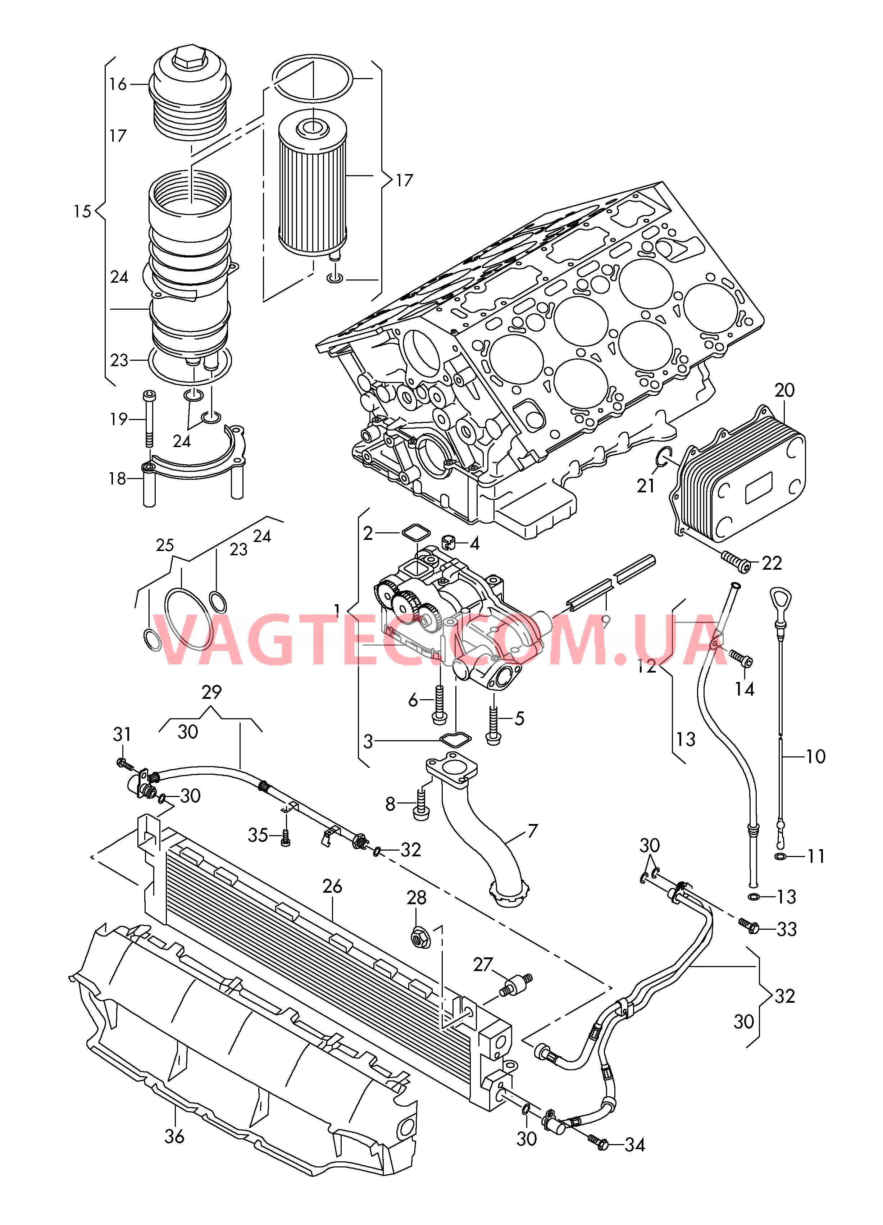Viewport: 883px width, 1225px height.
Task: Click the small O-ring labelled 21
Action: click(663, 457)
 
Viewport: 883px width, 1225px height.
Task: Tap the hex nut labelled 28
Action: click(420, 938)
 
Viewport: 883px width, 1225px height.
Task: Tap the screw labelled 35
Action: click(285, 839)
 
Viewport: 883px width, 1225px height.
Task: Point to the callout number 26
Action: click(332, 886)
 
